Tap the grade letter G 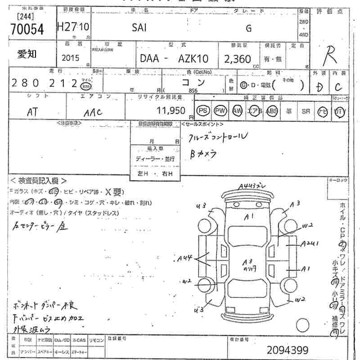click(248, 28)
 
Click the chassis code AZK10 click(194, 58)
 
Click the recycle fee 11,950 click(171, 110)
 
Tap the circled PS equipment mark click(204, 111)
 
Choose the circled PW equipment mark click(220, 111)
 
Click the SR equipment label click(306, 111)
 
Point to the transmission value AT click(32, 112)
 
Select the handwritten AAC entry click(93, 113)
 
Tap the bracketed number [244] click(26, 17)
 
